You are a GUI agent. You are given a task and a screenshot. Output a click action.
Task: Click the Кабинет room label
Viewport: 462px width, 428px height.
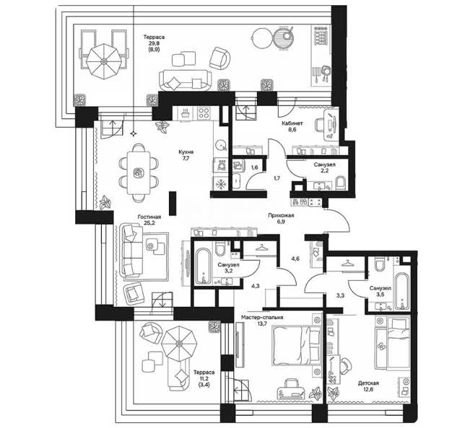[292, 123]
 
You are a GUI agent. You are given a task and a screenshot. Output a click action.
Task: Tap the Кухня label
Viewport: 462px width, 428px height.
[186, 152]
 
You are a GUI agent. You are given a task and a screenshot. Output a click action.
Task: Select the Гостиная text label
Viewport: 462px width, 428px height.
[149, 217]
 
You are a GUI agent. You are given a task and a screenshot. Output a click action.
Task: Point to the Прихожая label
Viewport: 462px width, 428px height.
[281, 215]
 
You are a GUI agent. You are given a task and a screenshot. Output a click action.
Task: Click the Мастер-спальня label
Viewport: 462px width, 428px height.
[262, 318]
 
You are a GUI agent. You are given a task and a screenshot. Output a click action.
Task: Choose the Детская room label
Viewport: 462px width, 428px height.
[368, 383]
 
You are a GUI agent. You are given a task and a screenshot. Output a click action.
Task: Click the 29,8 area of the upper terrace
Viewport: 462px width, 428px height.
[154, 43]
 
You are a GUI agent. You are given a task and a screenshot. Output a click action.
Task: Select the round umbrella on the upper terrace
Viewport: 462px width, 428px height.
[104, 61]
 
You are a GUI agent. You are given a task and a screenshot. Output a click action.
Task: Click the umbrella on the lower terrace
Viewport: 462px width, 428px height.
[179, 343]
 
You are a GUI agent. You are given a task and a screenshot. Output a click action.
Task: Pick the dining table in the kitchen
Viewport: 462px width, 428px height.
[139, 172]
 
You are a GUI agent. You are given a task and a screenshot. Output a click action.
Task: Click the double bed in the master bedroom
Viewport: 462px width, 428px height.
[297, 345]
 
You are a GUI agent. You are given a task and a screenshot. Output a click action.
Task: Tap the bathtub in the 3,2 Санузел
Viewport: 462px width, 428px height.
[204, 266]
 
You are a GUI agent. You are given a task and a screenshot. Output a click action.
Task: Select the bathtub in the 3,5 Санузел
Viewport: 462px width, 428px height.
[402, 291]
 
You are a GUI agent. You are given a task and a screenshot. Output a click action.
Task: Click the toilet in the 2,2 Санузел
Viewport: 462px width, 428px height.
[340, 183]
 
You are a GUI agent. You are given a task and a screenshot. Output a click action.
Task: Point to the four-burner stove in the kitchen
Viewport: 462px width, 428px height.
[204, 113]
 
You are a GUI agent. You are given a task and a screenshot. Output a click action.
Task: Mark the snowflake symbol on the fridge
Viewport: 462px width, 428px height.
[220, 184]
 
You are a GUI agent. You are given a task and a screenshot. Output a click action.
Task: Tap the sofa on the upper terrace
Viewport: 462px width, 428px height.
[185, 80]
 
